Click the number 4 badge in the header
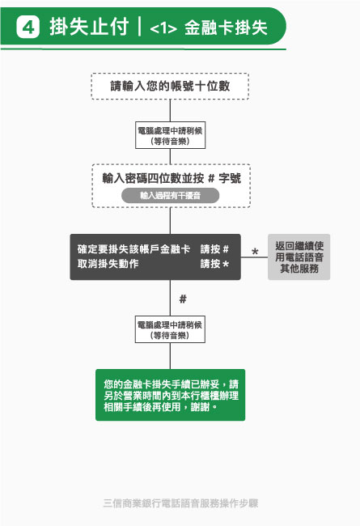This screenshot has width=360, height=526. pos(28,27)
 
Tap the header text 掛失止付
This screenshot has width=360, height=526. pos(89,27)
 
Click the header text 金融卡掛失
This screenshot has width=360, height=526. pos(226,28)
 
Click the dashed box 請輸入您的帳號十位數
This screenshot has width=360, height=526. pos(170,87)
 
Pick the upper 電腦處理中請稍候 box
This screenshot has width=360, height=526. pos(170,135)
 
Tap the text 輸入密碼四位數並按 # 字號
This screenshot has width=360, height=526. pos(172,178)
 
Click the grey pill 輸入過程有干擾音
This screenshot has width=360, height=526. pos(170,195)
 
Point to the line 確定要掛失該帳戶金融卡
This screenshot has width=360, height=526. pos(133,249)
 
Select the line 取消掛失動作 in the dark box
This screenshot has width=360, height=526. pos(108,264)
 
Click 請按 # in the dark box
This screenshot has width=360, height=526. pos(214,249)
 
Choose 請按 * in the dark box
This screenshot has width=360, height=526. pos(214,264)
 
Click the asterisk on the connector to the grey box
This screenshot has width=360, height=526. pos(255,252)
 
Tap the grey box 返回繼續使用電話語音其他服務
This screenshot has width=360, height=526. pos(299,257)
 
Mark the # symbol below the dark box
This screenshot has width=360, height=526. pos(183,299)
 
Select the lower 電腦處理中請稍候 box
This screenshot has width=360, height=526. pos(170,329)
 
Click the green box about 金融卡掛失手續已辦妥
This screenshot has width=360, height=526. pos(171,395)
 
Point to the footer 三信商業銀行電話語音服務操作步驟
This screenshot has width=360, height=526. pos(180,503)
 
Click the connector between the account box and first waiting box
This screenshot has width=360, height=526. pos(170,111)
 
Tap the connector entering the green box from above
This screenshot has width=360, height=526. pos(170,356)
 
